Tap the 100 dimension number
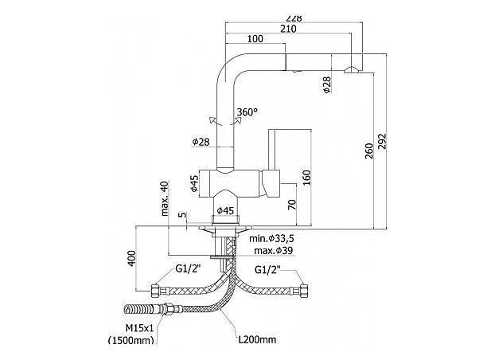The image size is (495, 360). pyautogui.click(x=255, y=40)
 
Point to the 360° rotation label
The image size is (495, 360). pyautogui.click(x=247, y=112)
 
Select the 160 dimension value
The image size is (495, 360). pyautogui.click(x=306, y=175)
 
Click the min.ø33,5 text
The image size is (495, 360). pyautogui.click(x=272, y=239)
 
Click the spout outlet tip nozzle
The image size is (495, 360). pyautogui.click(x=350, y=71)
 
